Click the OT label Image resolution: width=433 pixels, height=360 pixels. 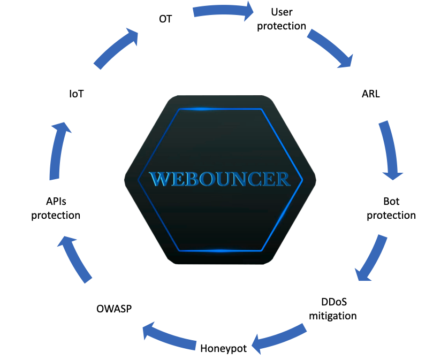pos(165,19)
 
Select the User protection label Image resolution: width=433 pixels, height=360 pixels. pos(282,19)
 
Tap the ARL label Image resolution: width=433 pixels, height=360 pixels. pos(370,94)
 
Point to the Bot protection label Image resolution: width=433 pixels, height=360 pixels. pos(391,209)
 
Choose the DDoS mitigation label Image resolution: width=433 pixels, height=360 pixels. pos(333,309)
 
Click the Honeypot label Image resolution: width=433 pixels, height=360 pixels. pos(223,349)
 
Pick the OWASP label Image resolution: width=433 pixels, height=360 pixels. pos(114,309)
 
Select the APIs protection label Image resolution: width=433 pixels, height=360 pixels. pos(56,209)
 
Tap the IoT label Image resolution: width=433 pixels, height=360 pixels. pos(76,94)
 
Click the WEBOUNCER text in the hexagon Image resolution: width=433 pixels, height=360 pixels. pos(220,179)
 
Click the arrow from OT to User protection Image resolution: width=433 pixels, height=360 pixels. pos(222,11)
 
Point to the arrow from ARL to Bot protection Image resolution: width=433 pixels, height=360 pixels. pos(391,149)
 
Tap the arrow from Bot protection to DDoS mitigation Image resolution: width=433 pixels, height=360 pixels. pos(371,259)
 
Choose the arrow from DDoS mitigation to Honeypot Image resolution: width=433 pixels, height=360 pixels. pos(279,338)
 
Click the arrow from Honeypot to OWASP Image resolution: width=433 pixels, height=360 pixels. pos(169,337)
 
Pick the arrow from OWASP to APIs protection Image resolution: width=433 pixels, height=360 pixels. pos(74,259)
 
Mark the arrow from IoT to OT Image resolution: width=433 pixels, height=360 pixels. pos(116,48)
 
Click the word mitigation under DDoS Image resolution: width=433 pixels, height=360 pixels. pos(333,316)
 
